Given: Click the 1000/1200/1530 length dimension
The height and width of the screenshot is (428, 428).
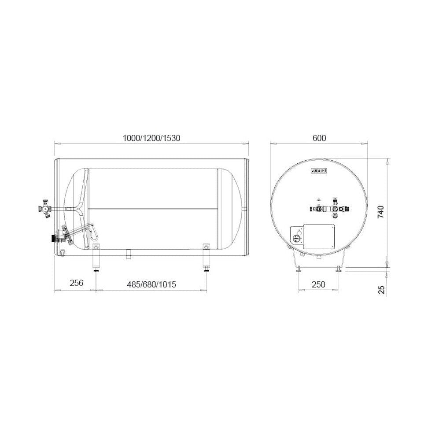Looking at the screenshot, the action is (x=151, y=138).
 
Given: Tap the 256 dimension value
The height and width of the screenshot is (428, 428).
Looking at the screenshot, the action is (x=77, y=283).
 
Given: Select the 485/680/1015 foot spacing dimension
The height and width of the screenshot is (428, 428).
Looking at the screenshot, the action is (x=151, y=284).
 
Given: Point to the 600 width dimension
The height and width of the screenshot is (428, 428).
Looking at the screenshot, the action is (x=319, y=138).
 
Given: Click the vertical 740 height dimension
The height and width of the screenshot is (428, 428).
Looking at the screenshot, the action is (x=380, y=212).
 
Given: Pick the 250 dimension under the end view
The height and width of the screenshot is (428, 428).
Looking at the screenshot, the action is (x=318, y=284).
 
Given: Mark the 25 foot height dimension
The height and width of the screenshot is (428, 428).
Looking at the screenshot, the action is (x=382, y=289).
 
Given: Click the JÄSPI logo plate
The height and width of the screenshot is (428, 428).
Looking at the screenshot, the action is (x=319, y=171).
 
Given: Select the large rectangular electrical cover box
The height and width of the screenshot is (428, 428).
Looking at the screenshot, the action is (x=319, y=236).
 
